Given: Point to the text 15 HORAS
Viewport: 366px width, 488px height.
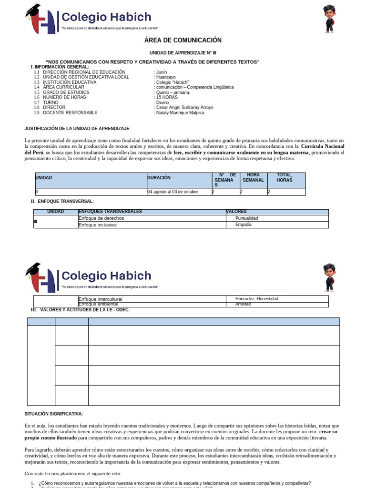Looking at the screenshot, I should point(167,97).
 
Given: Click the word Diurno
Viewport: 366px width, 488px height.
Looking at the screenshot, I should point(163,102).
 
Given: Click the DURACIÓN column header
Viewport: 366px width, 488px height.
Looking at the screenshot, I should point(159,178).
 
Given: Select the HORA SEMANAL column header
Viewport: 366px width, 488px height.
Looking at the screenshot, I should point(253,178).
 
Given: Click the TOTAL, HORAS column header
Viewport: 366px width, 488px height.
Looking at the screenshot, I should point(285,178).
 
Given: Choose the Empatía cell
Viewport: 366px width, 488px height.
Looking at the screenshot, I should point(244,224).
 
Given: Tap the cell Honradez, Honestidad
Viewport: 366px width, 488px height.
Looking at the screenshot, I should point(257,299).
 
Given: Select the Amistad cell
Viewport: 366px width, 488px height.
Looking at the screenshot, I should point(244,304).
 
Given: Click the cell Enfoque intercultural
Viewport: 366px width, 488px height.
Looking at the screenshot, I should point(100,299).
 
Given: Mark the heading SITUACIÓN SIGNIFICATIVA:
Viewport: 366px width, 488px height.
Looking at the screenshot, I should point(54,414).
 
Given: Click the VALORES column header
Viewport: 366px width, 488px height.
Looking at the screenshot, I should point(237,212).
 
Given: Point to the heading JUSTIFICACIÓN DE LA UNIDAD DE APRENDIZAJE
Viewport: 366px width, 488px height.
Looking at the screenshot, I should point(77,129).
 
